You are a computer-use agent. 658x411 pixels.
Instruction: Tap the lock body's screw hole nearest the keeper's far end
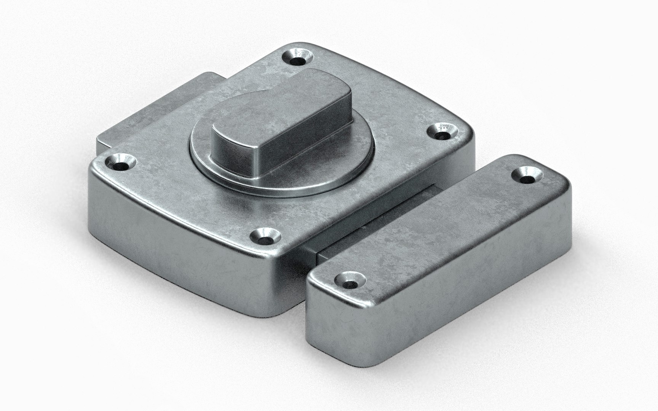click(x=442, y=134)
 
